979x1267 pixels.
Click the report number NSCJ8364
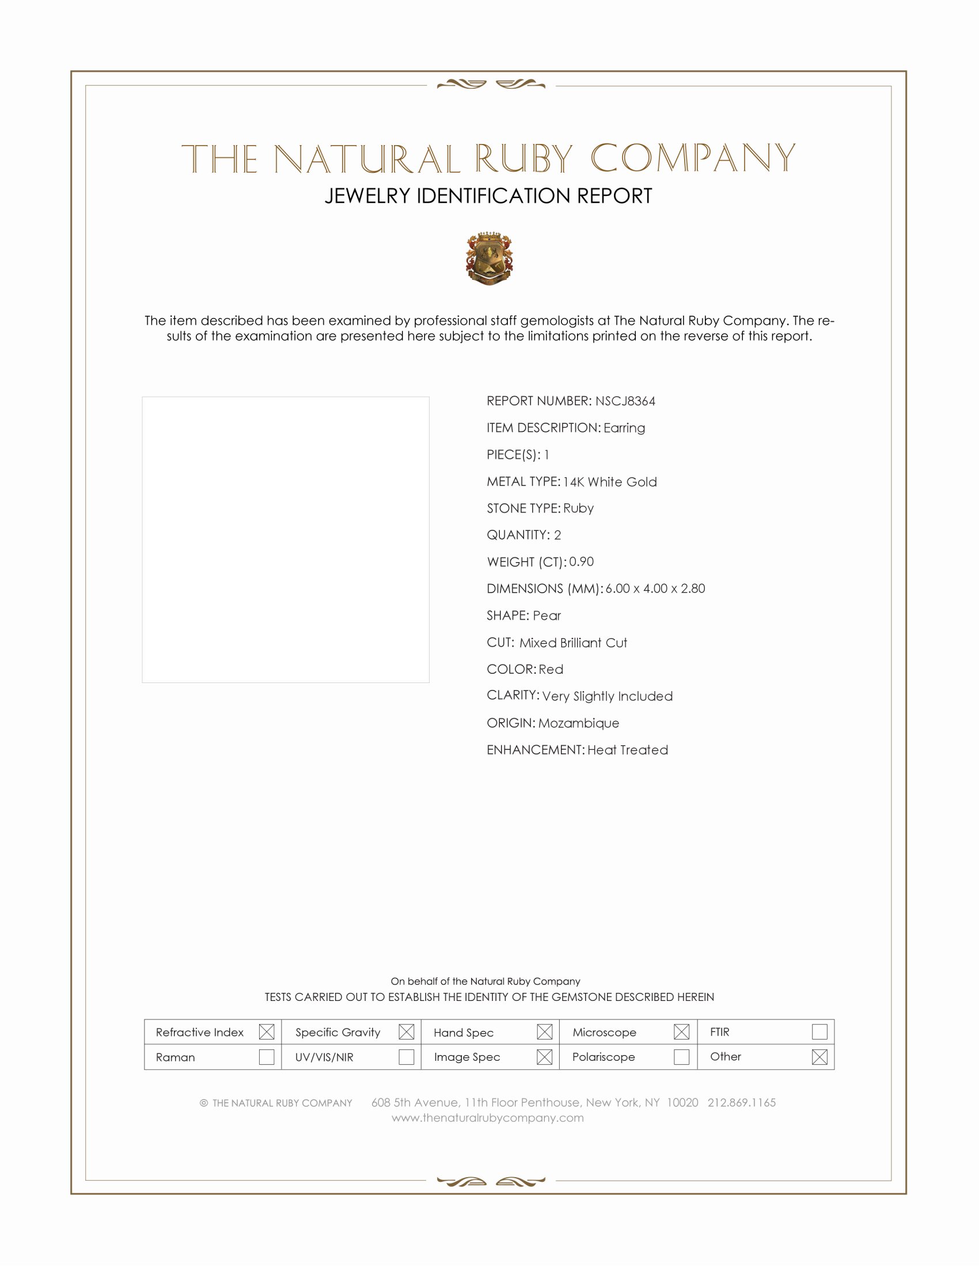pos(625,401)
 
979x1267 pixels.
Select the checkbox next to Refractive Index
pos(266,1031)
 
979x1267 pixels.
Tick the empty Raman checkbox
pos(266,1056)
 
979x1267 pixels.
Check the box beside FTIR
pos(819,1031)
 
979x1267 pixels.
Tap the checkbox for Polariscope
pos(681,1056)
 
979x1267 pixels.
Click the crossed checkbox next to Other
pos(819,1056)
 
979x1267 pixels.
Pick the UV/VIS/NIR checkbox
pos(406,1056)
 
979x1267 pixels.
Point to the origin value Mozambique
pos(578,723)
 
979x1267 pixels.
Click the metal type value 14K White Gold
pos(609,481)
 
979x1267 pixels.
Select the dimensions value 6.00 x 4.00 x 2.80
pos(655,588)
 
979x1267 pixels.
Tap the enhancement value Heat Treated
pos(628,749)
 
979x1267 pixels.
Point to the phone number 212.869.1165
pos(741,1102)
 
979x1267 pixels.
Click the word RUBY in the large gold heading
pos(523,159)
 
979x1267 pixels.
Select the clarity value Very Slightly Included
pos(607,696)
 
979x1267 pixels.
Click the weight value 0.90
pos(581,562)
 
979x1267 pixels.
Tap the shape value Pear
pos(547,615)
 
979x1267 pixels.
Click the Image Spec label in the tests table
pos(467,1057)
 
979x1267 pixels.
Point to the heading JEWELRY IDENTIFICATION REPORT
pos(488,196)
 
